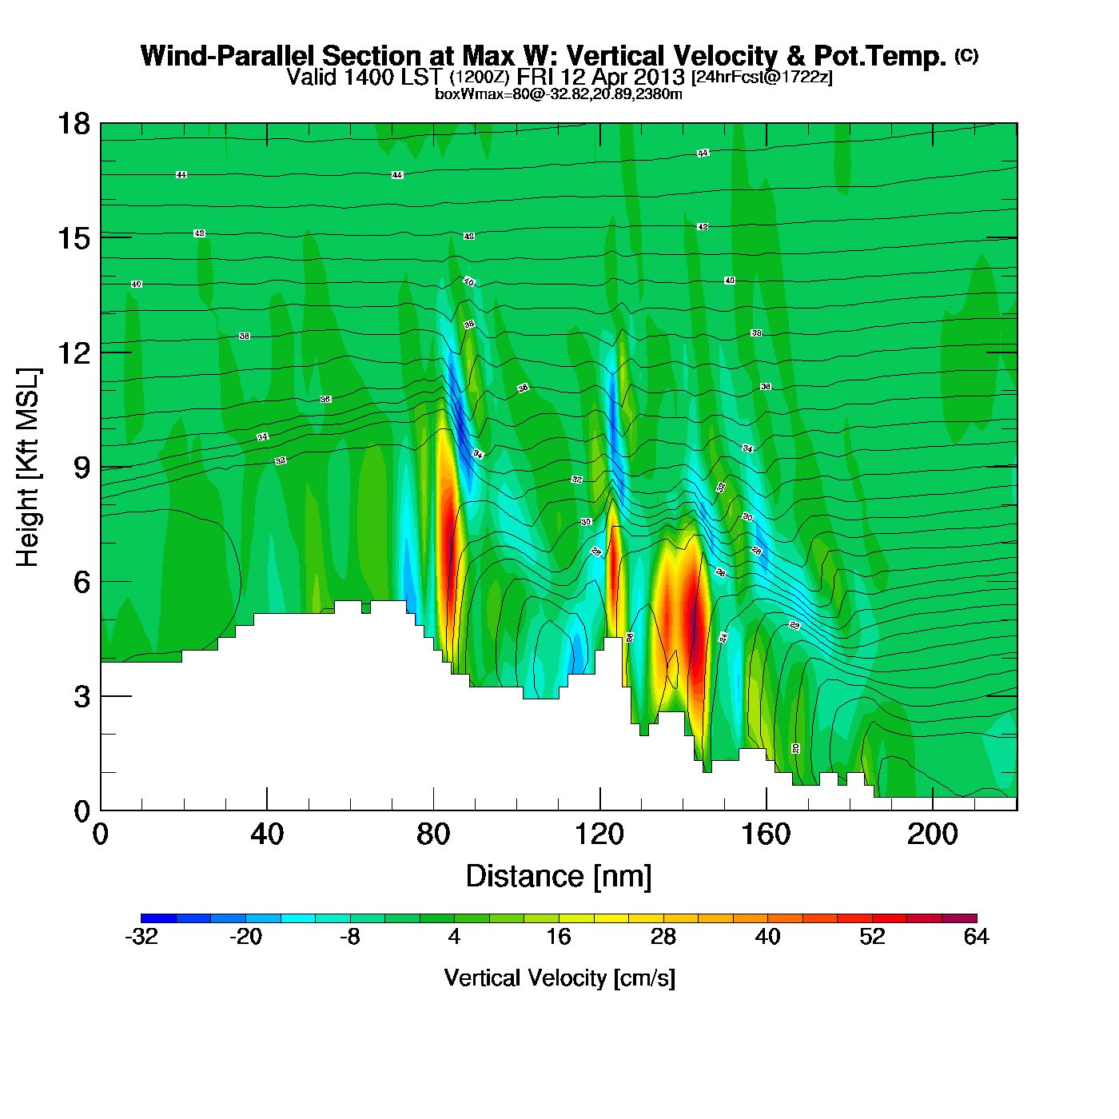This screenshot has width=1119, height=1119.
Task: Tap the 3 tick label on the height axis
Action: coord(82,697)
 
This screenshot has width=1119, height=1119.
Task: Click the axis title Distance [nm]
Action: coord(559,877)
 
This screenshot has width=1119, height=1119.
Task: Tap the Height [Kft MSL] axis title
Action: coord(28,468)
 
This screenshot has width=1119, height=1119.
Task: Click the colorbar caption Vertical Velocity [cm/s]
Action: coord(559,978)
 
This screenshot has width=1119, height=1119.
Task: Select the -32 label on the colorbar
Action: coord(141,937)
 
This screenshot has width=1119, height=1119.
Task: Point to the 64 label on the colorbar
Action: coord(976,937)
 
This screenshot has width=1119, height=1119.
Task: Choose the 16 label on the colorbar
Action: coord(559,937)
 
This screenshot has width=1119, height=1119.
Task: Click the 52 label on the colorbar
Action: coord(872,937)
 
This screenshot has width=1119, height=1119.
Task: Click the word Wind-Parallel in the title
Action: coord(229,56)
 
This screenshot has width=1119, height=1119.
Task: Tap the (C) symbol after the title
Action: coord(966,55)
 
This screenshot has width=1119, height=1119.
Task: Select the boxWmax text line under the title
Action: coord(559,94)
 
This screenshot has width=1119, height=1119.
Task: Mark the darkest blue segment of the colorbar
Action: coord(158,918)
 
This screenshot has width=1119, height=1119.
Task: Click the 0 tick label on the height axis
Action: coord(82,811)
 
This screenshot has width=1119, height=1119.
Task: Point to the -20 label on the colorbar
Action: coord(245,937)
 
